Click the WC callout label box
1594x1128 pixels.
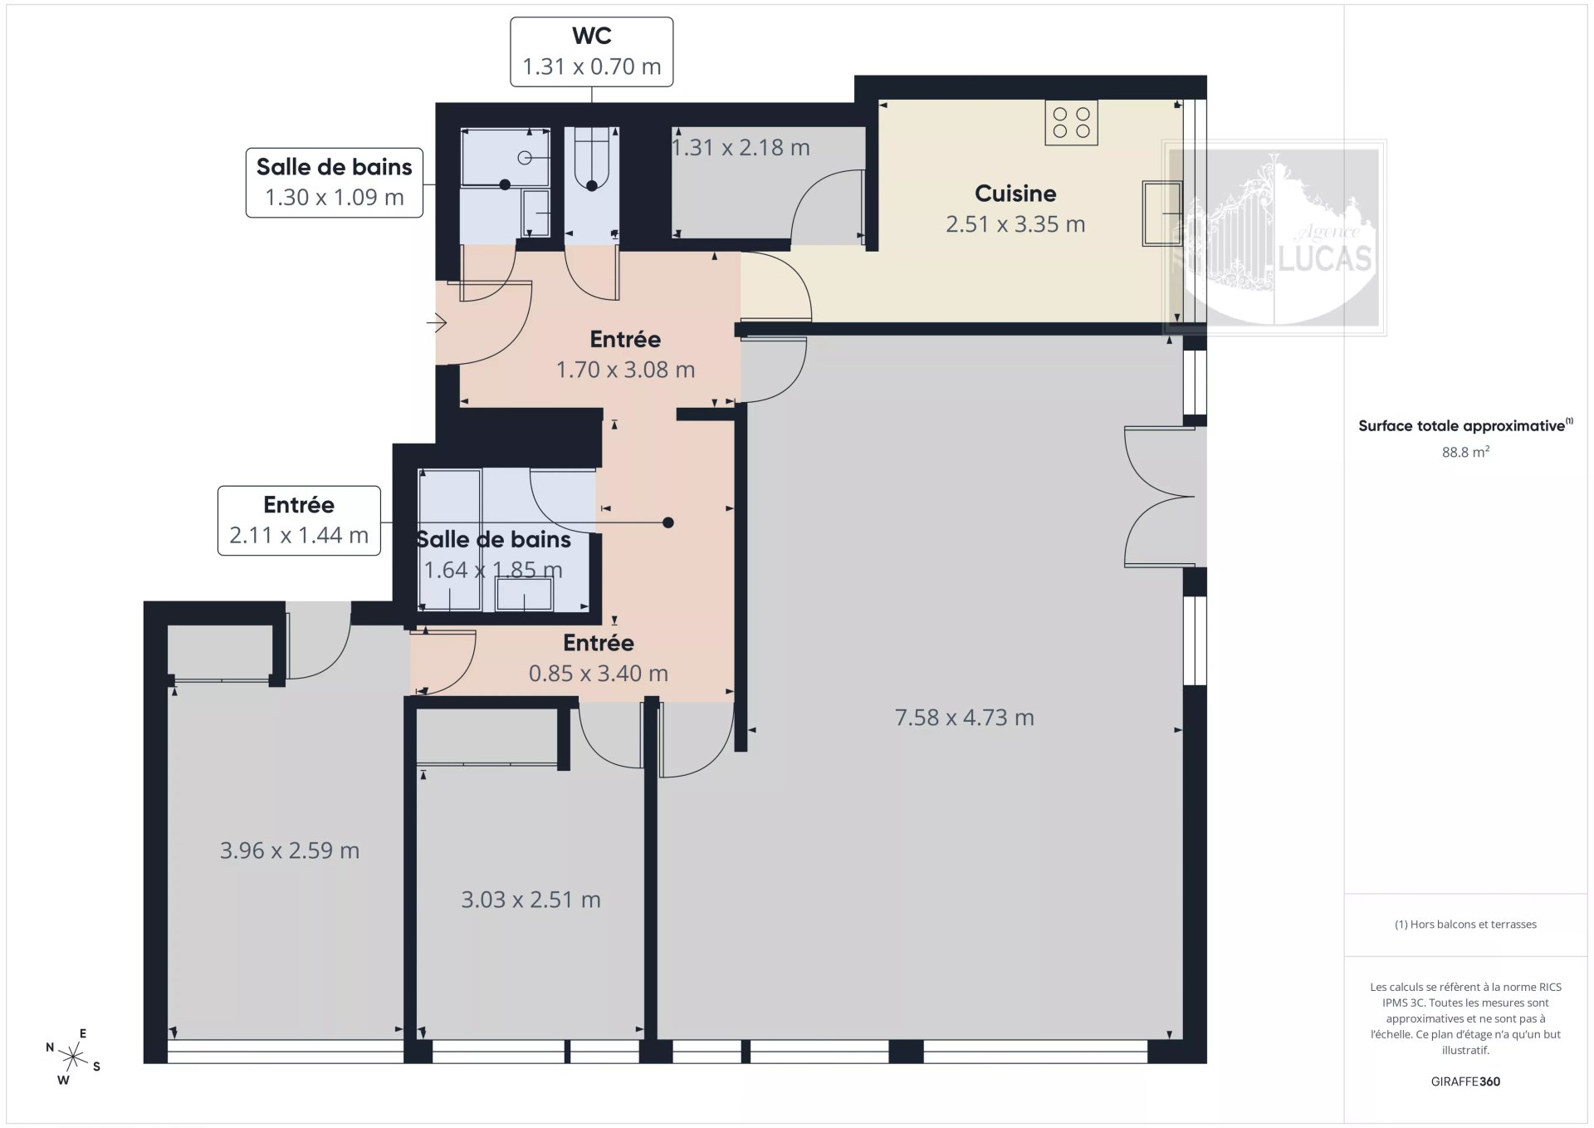coord(591,51)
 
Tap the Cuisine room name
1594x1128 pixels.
coord(1015,194)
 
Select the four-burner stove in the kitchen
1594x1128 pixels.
coord(1071,123)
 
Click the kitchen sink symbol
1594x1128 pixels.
coord(1162,213)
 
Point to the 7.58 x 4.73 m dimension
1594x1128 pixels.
coord(964,718)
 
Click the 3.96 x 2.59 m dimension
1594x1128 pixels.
coord(289,851)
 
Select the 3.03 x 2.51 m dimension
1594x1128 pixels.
coord(531,900)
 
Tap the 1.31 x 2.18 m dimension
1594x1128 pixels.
coord(741,147)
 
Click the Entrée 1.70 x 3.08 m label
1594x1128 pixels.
coord(625,354)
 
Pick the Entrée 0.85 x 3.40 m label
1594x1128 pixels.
coord(599,658)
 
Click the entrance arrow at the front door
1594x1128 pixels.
coord(438,322)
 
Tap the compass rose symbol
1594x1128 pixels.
coord(73,1057)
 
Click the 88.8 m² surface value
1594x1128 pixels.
coord(1465,452)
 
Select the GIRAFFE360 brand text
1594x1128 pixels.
coord(1465,1081)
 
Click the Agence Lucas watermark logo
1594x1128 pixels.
coord(1274,238)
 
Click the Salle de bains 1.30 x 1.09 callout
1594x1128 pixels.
coord(334,183)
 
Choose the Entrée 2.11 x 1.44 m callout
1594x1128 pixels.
coord(299,521)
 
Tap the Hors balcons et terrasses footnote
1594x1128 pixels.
coord(1465,924)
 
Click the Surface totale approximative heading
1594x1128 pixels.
coord(1465,425)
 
